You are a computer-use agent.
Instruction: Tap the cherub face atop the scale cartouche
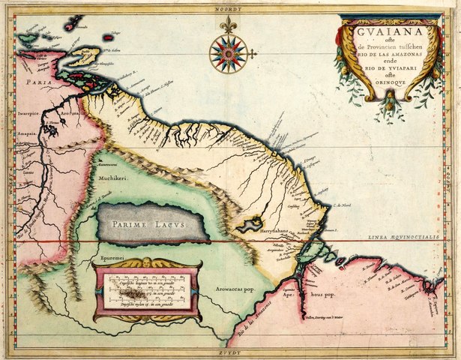[147, 263]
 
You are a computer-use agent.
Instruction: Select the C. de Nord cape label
[343, 205]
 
